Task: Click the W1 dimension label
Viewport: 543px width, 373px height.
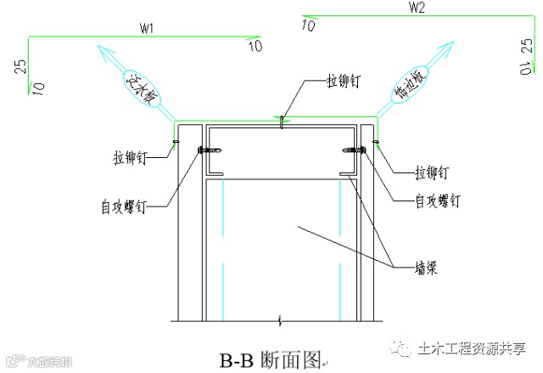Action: [x=146, y=28]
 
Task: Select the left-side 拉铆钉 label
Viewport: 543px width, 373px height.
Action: [x=132, y=156]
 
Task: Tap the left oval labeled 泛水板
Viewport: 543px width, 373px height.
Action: [x=137, y=88]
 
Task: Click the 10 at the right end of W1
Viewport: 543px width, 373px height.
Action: [x=255, y=45]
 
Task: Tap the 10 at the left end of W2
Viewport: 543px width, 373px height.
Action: [x=308, y=25]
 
